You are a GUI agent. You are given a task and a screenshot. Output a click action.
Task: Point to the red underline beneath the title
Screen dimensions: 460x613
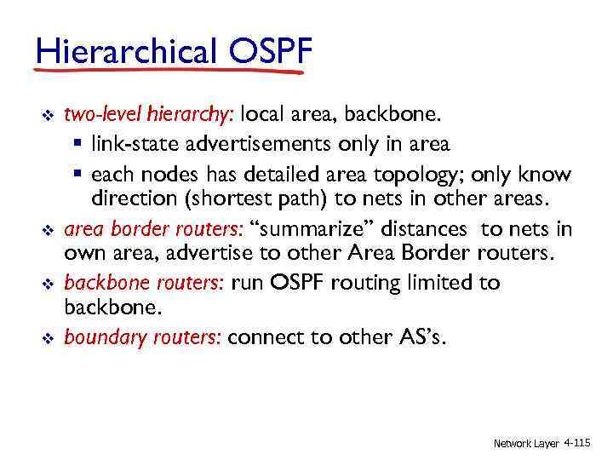[170, 72]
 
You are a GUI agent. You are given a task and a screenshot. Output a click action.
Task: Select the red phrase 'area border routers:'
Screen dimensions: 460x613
[153, 229]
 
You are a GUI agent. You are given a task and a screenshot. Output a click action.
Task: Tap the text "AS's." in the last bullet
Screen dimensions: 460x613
[420, 336]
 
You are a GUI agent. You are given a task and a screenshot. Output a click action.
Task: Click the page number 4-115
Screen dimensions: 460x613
[577, 443]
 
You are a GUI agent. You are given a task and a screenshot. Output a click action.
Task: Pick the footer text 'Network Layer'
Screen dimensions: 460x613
[526, 444]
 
